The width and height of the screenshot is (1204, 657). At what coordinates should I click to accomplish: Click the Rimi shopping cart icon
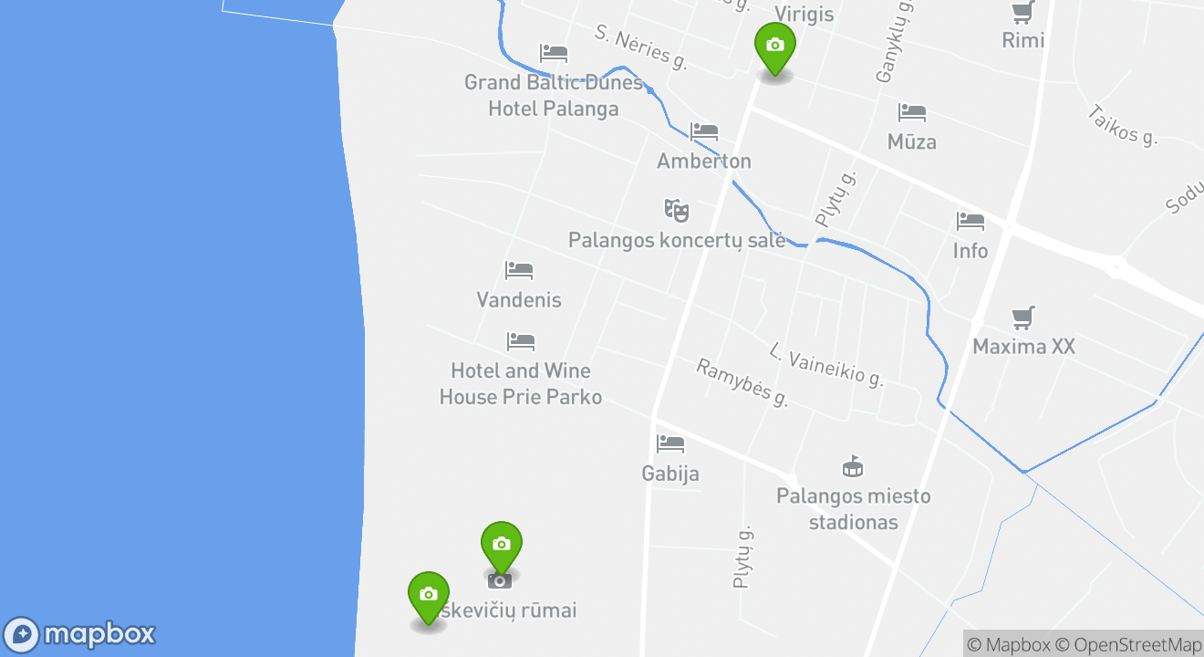click(x=1022, y=13)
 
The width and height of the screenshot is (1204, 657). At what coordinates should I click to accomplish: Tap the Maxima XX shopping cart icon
click(x=1023, y=318)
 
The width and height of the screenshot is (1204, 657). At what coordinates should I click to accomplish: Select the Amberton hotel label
click(x=704, y=162)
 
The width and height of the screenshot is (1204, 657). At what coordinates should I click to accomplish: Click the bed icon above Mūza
click(x=912, y=113)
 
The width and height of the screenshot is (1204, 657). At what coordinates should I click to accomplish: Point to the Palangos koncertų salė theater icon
click(x=676, y=211)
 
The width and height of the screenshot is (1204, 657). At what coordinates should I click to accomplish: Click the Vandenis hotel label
click(x=519, y=300)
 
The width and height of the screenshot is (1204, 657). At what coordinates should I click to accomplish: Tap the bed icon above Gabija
click(x=670, y=444)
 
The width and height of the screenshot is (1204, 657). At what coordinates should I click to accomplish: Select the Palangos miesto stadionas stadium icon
click(x=853, y=467)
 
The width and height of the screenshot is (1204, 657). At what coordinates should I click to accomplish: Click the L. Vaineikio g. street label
click(x=826, y=365)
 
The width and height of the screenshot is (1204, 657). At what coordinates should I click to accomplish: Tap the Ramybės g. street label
click(x=742, y=382)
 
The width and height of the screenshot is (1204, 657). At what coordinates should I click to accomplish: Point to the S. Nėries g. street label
click(x=640, y=47)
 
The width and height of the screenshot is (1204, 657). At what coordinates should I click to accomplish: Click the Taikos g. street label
click(x=1122, y=125)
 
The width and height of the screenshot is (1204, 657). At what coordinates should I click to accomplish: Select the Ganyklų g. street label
click(x=893, y=44)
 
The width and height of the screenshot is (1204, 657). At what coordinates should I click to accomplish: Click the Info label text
click(x=970, y=250)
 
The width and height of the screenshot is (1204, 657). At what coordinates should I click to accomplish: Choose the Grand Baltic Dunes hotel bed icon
click(x=554, y=53)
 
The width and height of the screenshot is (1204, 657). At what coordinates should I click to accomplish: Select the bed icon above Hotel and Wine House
click(x=520, y=342)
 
